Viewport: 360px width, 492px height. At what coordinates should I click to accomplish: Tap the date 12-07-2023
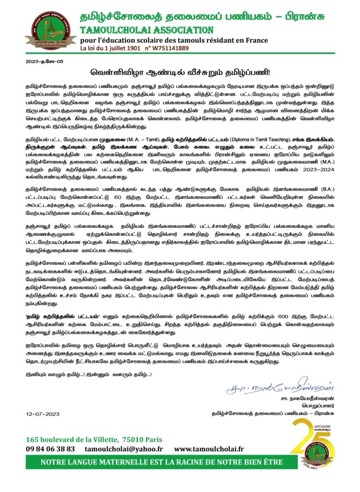coord(42,413)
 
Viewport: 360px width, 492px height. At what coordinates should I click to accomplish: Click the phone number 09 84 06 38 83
coord(51,448)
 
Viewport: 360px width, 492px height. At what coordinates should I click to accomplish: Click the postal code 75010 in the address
coord(128,439)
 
